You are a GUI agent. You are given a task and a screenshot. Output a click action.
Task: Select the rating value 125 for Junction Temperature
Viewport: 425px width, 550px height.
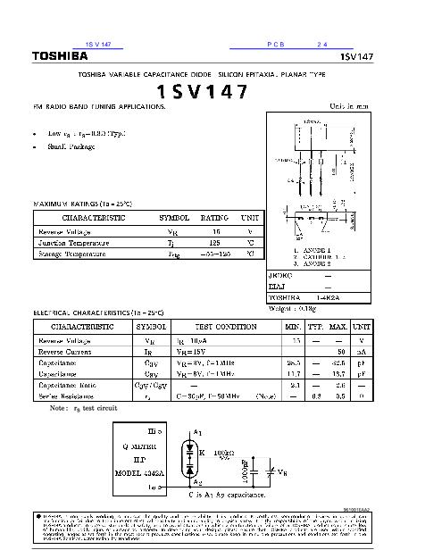pos(214,243)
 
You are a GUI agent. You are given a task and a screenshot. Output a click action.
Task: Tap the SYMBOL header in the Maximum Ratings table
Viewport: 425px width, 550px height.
pos(174,218)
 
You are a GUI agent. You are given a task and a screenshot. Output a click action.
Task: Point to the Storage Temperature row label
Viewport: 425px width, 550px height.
pos(73,254)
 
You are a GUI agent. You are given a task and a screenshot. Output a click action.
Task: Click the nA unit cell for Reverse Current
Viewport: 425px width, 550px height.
pos(362,352)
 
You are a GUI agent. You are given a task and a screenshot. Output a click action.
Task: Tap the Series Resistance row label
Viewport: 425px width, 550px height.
pos(67,395)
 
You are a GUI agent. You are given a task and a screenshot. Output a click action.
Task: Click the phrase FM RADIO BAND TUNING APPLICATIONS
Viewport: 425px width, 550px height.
pos(99,106)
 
